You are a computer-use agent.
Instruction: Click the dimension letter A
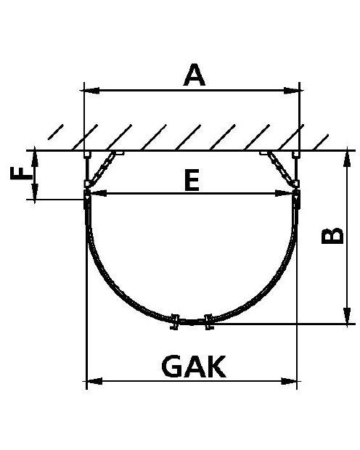pyautogui.click(x=195, y=75)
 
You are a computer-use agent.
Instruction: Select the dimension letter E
pyautogui.click(x=192, y=180)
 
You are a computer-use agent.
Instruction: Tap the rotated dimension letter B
pyautogui.click(x=332, y=236)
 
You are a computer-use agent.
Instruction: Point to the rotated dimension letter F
pyautogui.click(x=21, y=174)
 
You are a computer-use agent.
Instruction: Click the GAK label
pyautogui.click(x=194, y=367)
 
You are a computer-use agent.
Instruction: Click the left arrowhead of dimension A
pyautogui.click(x=90, y=91)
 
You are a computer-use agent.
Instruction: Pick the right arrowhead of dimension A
pyautogui.click(x=293, y=91)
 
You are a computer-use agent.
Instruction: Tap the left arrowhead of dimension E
pyautogui.click(x=97, y=193)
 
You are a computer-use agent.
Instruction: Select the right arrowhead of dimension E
pyautogui.click(x=284, y=193)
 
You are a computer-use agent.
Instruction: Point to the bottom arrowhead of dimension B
pyautogui.click(x=347, y=316)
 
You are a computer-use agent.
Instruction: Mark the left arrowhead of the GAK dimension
pyautogui.click(x=94, y=381)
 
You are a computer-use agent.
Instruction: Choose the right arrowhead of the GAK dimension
pyautogui.click(x=289, y=381)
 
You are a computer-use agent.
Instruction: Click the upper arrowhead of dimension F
pyautogui.click(x=35, y=158)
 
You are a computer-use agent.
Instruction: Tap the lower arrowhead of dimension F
pyautogui.click(x=35, y=192)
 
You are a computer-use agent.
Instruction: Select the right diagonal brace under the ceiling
pyautogui.click(x=282, y=168)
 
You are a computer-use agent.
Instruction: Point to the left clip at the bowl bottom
pyautogui.click(x=174, y=322)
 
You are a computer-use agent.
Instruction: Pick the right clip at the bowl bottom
pyautogui.click(x=209, y=322)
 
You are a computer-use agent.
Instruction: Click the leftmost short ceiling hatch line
pyautogui.click(x=55, y=132)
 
